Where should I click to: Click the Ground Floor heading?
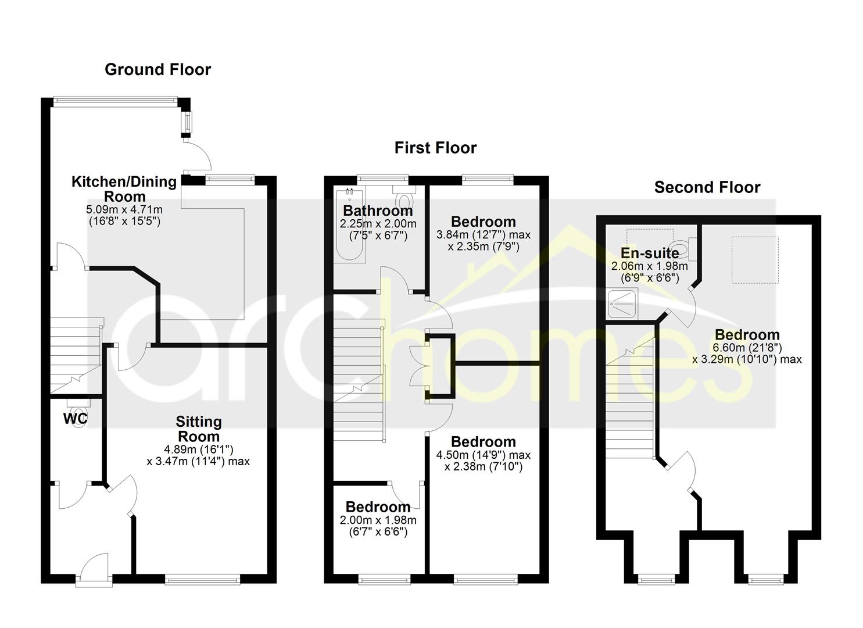(x=158, y=70)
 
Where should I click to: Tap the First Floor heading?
(x=435, y=148)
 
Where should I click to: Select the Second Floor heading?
(x=707, y=188)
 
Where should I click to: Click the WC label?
(x=75, y=418)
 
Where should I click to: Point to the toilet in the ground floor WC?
(x=79, y=411)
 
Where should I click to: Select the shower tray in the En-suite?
(x=621, y=303)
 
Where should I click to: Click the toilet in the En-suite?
(x=683, y=248)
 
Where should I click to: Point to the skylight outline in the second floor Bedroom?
(x=755, y=260)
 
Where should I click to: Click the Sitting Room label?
(x=199, y=429)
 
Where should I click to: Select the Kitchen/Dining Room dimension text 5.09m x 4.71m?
(x=124, y=210)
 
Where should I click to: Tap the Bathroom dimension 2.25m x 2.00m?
(x=378, y=224)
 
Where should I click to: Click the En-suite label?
(x=650, y=254)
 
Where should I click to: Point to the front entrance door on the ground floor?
(x=94, y=570)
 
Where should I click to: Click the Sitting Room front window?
(x=202, y=579)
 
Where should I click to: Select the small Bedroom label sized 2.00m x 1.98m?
(x=378, y=506)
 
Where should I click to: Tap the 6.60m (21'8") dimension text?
(x=747, y=348)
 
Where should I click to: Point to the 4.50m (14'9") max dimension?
(x=483, y=455)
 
